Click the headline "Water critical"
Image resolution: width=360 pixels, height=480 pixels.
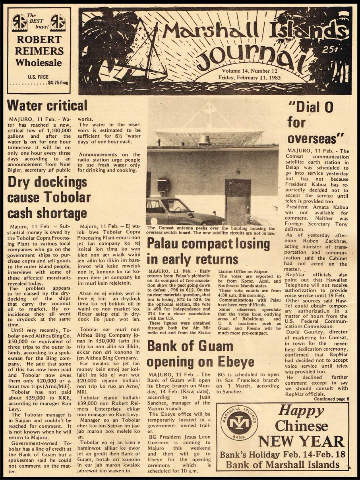pyautogui.click(x=47, y=106)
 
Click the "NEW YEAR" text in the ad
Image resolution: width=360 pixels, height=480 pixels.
pyautogui.click(x=301, y=441)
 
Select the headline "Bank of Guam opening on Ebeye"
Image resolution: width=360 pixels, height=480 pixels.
pyautogui.click(x=201, y=354)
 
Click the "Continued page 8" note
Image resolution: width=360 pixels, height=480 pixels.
pyautogui.click(x=331, y=399)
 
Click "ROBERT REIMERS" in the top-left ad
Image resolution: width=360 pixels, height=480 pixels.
pyautogui.click(x=39, y=46)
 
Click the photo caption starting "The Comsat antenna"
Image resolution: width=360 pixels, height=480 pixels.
pyautogui.click(x=211, y=231)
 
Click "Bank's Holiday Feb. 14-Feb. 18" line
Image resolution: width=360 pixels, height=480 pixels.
pyautogui.click(x=283, y=455)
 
